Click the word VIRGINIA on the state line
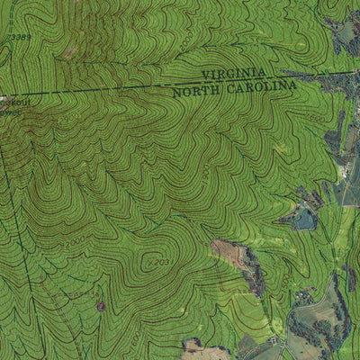(x=233, y=73)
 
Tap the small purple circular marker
(x=101, y=306)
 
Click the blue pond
(x=303, y=219)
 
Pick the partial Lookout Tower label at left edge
(x=11, y=107)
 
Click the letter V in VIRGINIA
(x=205, y=75)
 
